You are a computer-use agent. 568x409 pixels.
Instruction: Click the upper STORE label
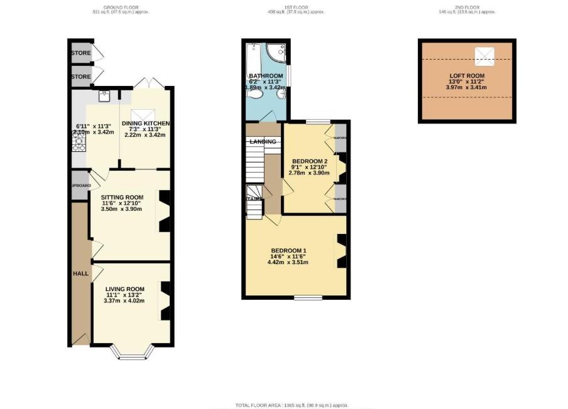click(x=80, y=53)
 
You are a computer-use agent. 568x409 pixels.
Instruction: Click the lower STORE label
click(x=80, y=77)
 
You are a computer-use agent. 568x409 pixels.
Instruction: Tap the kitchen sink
click(x=104, y=96)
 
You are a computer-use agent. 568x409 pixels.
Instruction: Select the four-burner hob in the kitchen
click(x=79, y=144)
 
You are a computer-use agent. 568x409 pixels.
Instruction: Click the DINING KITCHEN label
click(x=146, y=122)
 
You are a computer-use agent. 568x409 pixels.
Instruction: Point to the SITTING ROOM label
click(x=122, y=197)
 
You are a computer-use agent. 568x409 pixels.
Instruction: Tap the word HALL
click(x=79, y=274)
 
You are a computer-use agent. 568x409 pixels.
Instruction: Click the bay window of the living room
click(x=131, y=355)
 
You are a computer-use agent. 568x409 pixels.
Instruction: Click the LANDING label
click(x=263, y=142)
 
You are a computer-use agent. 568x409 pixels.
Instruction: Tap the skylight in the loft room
click(x=484, y=54)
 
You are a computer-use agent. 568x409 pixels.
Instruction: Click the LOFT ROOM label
click(x=467, y=76)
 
